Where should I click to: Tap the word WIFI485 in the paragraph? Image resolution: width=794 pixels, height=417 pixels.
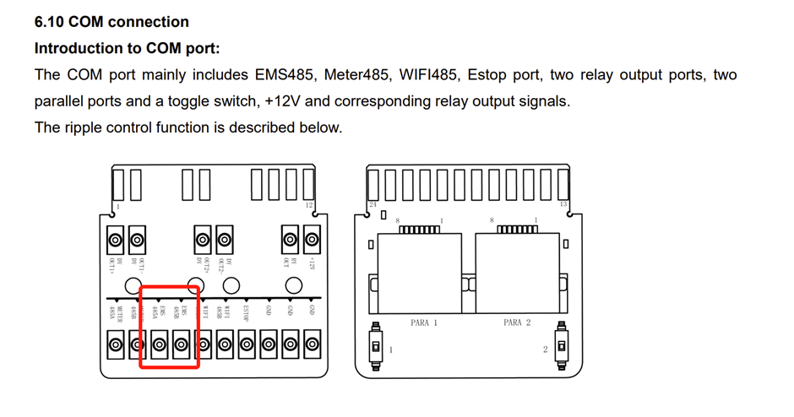[x=427, y=75]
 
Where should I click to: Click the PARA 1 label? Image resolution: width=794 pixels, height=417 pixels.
[x=424, y=323]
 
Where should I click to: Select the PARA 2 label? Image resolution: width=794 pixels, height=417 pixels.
[x=517, y=323]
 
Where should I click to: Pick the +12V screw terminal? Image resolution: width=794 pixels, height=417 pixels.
[x=313, y=240]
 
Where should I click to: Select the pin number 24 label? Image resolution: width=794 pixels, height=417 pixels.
[x=373, y=205]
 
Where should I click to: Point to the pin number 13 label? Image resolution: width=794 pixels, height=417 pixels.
[x=563, y=205]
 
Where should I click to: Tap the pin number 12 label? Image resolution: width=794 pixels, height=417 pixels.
[x=309, y=205]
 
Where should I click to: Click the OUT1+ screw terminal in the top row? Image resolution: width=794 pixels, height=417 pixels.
[x=116, y=240]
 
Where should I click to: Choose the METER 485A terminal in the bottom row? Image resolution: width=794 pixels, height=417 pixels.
[x=116, y=344]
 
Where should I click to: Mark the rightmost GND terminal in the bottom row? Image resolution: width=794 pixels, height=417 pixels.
[x=313, y=344]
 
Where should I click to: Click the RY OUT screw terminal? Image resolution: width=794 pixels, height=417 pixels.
[x=291, y=240]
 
